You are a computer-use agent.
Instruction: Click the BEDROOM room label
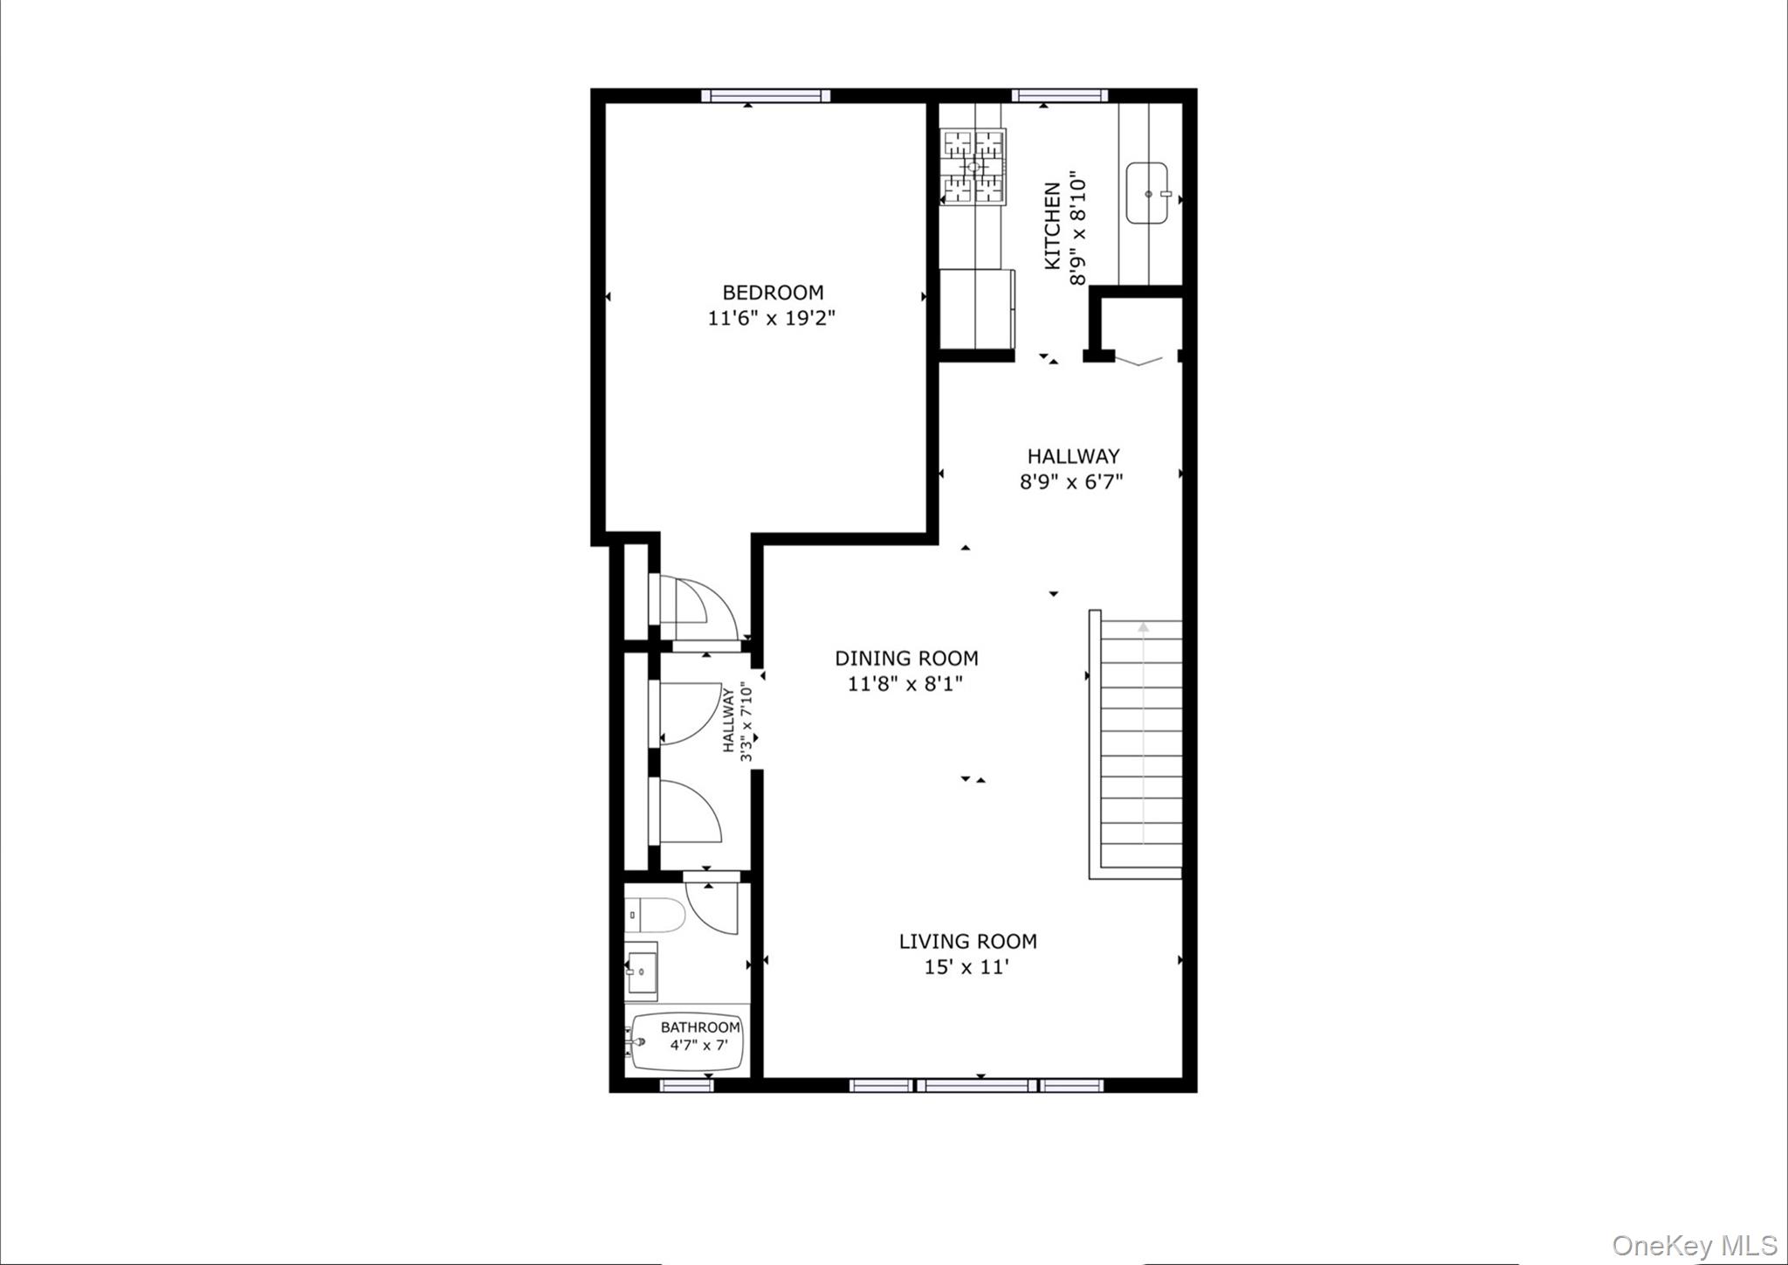click(773, 293)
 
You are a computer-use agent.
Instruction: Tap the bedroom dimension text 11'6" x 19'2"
click(772, 318)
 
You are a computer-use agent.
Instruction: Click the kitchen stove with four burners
click(973, 166)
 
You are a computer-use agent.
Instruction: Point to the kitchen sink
click(1150, 193)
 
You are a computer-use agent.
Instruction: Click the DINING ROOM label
click(906, 659)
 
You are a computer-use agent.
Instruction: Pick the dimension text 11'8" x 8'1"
click(905, 684)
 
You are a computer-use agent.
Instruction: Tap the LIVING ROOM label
click(967, 942)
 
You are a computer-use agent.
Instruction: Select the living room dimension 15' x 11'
click(966, 967)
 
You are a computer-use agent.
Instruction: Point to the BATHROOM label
click(700, 1027)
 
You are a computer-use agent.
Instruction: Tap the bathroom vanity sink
click(642, 968)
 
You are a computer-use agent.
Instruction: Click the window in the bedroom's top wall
click(766, 95)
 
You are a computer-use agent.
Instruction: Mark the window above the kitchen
click(1060, 95)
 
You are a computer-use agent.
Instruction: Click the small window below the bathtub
click(686, 1085)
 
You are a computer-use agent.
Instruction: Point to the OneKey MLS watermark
click(1694, 1245)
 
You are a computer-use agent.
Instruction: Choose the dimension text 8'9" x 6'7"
click(1071, 481)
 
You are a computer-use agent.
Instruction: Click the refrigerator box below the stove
click(977, 308)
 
